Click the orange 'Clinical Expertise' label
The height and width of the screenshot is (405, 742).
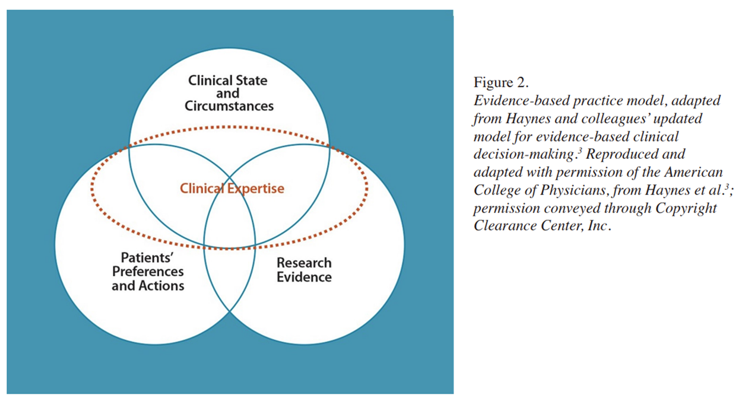pos(232,189)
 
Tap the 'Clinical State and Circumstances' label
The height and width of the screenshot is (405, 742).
pos(229,93)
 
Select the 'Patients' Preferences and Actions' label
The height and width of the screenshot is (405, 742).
pos(148,272)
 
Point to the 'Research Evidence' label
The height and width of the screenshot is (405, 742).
pos(304,270)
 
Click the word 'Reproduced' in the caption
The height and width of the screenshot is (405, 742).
pos(617,155)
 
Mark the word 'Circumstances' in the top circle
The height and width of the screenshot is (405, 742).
pos(229,107)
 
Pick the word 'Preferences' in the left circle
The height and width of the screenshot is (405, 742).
pos(148,272)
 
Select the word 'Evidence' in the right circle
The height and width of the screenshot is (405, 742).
pos(304,277)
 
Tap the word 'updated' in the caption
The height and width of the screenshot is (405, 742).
pos(680,119)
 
